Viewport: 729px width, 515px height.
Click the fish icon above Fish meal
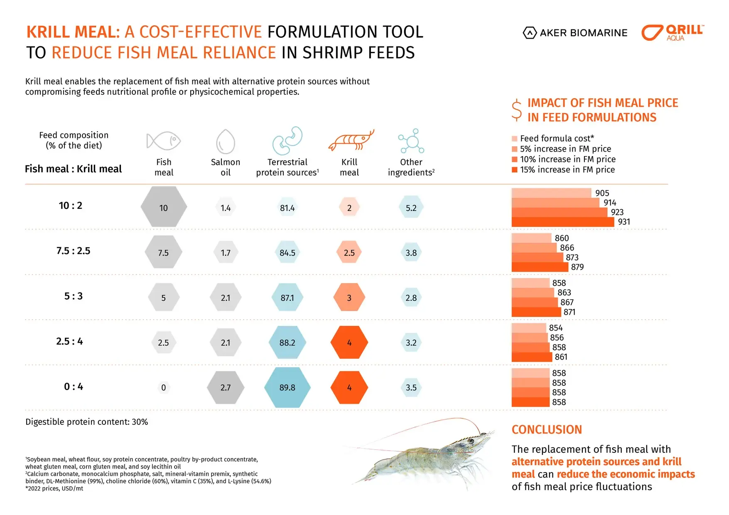(164, 141)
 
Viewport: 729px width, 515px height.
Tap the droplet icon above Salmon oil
(226, 142)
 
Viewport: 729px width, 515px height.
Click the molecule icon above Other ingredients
(411, 141)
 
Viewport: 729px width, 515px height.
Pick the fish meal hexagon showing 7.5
(163, 253)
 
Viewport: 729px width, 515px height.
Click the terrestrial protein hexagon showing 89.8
(287, 387)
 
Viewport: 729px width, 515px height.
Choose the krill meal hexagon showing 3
(349, 298)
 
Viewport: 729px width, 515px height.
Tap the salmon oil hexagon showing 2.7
(226, 387)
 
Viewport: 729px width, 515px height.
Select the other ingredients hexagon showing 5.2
(411, 208)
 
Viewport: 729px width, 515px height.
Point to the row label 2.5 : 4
(69, 341)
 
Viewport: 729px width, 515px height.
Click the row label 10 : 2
(71, 206)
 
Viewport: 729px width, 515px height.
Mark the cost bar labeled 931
(563, 222)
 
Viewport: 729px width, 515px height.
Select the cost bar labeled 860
(532, 238)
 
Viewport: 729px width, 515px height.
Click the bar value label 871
(569, 312)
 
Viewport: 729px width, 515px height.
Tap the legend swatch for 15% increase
(515, 170)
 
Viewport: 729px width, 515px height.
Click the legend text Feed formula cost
(557, 138)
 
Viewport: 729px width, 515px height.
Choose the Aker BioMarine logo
(575, 33)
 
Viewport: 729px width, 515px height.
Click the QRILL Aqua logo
(672, 32)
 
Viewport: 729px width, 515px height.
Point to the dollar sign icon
(517, 110)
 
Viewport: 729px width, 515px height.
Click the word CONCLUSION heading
(547, 429)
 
